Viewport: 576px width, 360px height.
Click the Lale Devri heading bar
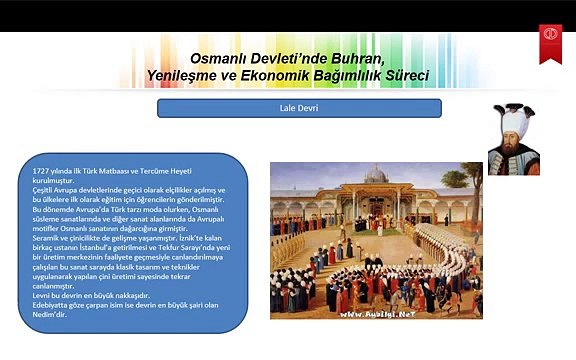tap(299, 107)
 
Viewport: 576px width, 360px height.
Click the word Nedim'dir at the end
tap(52, 314)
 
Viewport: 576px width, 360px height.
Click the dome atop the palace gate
tap(376, 173)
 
